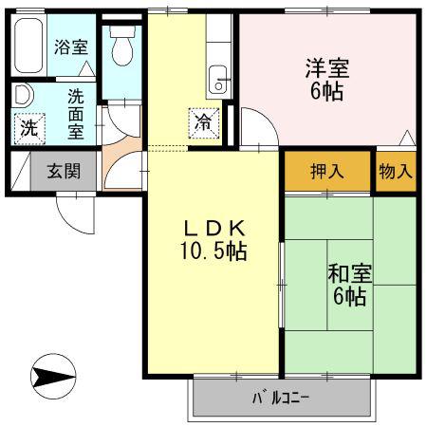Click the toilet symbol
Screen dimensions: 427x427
[x=122, y=46]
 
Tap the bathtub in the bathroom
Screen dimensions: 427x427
[x=28, y=46]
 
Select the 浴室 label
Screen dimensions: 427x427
[x=71, y=46]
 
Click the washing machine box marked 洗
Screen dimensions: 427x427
[x=29, y=129]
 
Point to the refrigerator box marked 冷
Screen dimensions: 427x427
[x=204, y=123]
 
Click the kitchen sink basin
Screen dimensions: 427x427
[x=218, y=80]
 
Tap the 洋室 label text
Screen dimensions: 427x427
[x=327, y=68]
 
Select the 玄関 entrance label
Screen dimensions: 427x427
[x=64, y=171]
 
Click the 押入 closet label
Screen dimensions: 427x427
[x=327, y=172]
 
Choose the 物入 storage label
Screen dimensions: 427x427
[x=396, y=172]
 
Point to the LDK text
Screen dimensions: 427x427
[x=214, y=229]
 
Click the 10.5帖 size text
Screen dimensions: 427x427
[x=213, y=251]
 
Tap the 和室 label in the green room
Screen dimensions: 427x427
[x=350, y=273]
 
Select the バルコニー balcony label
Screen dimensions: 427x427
[x=281, y=398]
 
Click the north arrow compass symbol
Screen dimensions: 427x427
[x=53, y=376]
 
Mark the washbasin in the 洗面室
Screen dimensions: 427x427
[x=23, y=95]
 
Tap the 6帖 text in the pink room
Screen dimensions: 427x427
[x=326, y=92]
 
